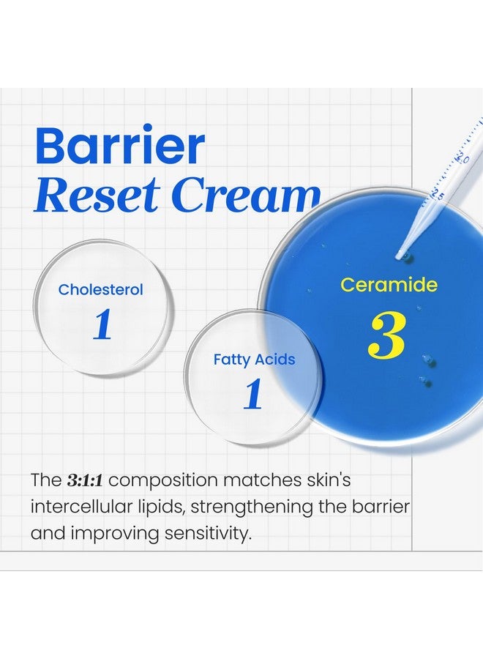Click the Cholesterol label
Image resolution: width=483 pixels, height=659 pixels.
[x=101, y=290]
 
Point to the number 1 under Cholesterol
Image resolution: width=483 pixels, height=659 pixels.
[x=102, y=326]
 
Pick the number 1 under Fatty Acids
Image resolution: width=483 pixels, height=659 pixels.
[x=253, y=395]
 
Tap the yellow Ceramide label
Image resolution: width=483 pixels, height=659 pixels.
[x=389, y=286]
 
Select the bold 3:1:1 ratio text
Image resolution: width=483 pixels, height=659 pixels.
[x=84, y=481]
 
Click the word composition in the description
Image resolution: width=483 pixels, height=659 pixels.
[x=163, y=482]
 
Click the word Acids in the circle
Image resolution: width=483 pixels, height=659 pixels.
[x=275, y=360]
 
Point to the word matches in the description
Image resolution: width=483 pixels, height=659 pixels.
[x=257, y=481]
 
